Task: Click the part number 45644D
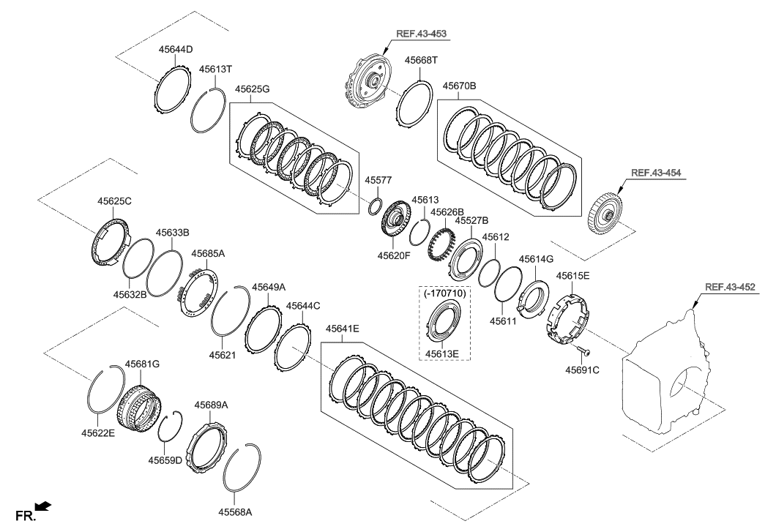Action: [176, 50]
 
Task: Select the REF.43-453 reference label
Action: [422, 34]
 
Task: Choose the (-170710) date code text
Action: [446, 293]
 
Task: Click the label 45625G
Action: [253, 89]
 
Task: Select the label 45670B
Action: [460, 86]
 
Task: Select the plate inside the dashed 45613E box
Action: [446, 324]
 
